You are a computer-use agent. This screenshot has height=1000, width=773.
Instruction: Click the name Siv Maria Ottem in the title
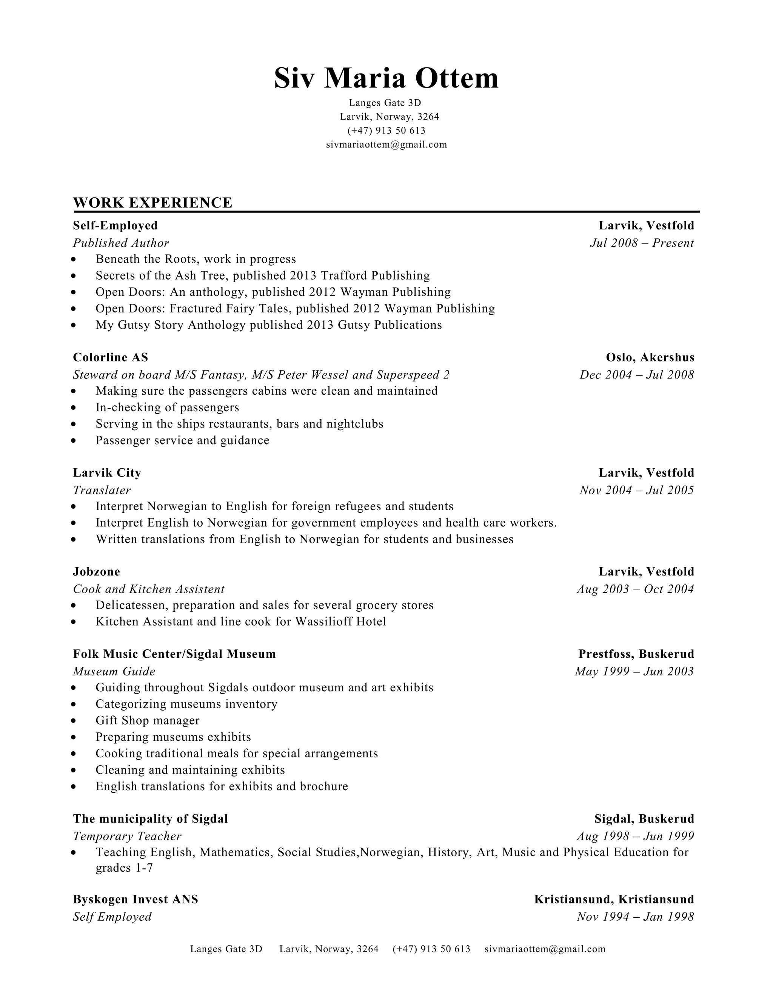point(386,78)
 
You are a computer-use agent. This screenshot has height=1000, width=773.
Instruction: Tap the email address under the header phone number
point(386,145)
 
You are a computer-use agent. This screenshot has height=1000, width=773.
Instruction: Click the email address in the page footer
point(545,949)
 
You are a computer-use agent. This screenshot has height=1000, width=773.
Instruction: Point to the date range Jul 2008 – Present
point(642,243)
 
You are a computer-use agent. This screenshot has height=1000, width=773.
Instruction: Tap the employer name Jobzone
point(96,571)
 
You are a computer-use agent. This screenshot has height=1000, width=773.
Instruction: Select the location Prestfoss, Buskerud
point(636,654)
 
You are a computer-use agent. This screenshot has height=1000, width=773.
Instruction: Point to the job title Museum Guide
point(114,671)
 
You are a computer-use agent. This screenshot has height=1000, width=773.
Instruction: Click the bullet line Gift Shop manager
point(148,720)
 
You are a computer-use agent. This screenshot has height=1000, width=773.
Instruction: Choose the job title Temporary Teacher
point(127,836)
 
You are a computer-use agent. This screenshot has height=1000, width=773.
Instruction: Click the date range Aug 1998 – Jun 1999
point(635,836)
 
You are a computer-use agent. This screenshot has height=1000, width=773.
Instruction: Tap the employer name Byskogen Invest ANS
point(136,899)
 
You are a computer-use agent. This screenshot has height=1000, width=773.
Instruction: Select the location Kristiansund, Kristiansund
point(614,899)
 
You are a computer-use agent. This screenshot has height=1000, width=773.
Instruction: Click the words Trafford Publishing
point(375,275)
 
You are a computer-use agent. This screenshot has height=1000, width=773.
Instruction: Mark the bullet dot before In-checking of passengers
point(74,408)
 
